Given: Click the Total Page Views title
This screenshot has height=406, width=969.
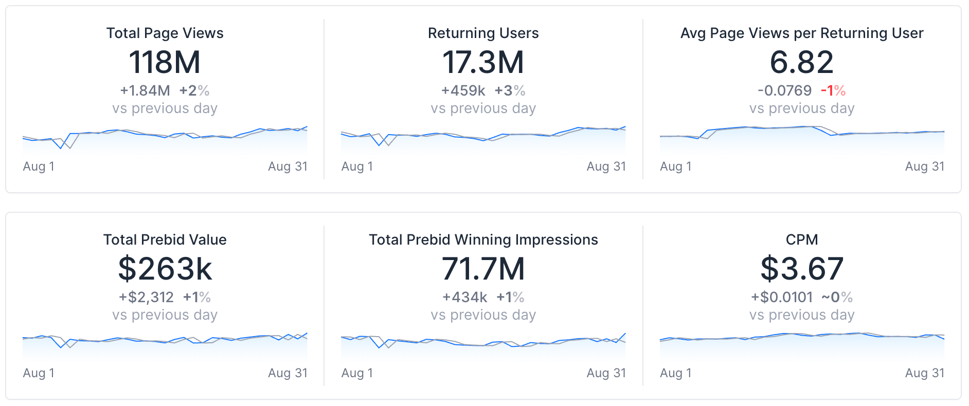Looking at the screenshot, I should (x=165, y=33).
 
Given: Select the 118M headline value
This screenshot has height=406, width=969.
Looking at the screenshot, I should (x=165, y=62).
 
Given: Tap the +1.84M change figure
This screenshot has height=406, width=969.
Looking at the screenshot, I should (x=145, y=91).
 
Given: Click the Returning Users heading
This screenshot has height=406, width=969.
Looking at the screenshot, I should (x=483, y=33).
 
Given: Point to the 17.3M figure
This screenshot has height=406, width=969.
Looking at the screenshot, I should (x=483, y=62).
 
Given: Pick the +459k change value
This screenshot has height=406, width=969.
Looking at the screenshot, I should (x=463, y=91).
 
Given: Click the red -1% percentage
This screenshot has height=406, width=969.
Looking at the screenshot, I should (x=833, y=91).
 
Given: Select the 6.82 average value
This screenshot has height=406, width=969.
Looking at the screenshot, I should (x=801, y=62).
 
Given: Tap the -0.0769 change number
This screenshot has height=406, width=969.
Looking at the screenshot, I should (x=784, y=91).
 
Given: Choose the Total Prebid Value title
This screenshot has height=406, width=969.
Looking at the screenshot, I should (x=165, y=240).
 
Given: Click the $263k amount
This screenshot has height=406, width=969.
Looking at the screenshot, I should (x=165, y=269).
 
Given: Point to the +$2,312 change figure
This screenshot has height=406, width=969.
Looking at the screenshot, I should (x=146, y=298).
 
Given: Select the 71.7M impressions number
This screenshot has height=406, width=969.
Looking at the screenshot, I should (x=483, y=269).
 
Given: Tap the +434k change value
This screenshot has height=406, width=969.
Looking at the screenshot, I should (x=465, y=298).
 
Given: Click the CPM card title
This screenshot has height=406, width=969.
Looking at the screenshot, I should (x=801, y=240).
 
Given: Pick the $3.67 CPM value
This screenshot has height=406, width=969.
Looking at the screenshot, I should (x=801, y=269).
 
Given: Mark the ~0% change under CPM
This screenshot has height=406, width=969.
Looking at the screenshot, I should (x=837, y=298).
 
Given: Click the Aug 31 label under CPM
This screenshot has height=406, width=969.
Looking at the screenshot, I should (x=924, y=373).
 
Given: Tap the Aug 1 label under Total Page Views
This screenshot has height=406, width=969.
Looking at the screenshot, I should (x=39, y=167).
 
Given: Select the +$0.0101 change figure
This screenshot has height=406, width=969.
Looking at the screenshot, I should (x=782, y=298).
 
